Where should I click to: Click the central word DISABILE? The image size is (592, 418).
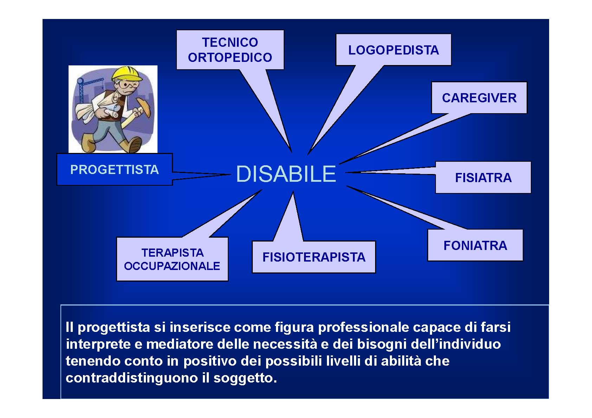click(286, 174)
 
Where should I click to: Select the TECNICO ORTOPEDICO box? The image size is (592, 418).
click(230, 50)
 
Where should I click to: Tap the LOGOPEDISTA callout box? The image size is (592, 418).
click(393, 50)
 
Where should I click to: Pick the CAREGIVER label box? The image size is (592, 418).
click(479, 98)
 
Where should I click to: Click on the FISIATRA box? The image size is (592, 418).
click(483, 178)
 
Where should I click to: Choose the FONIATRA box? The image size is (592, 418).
click(475, 245)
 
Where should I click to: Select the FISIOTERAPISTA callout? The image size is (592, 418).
click(314, 257)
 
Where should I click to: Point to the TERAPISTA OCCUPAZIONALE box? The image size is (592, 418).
click(172, 259)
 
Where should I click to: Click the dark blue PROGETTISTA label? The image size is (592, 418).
click(115, 169)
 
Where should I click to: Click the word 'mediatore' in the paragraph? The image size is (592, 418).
click(179, 344)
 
